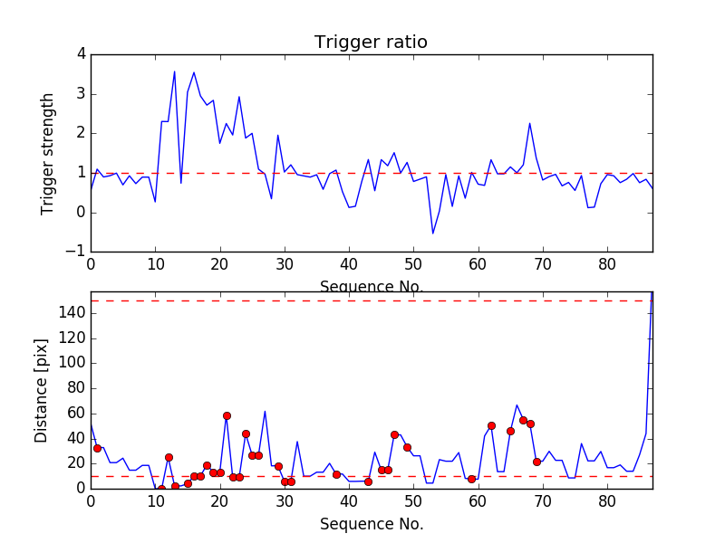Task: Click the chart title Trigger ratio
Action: pos(371,43)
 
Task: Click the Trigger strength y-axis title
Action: pos(48,153)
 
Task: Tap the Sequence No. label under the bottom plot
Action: pos(372,524)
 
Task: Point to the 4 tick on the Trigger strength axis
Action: pos(81,54)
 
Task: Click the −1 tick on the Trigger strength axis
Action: pos(77,252)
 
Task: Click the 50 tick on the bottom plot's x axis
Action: pos(413,500)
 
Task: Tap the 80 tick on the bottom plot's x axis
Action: pos(607,500)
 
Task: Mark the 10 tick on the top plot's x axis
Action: pos(155,264)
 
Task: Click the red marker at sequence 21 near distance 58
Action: pos(227,415)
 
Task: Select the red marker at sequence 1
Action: pos(97,448)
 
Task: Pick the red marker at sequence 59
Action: pos(471,479)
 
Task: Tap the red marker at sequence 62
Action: pos(491,425)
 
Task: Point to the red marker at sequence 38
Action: pos(336,474)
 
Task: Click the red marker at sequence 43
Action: pos(368,481)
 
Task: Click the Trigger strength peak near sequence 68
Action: pos(529,123)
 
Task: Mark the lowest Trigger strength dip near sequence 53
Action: pos(432,233)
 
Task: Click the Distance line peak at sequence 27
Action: pos(265,411)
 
